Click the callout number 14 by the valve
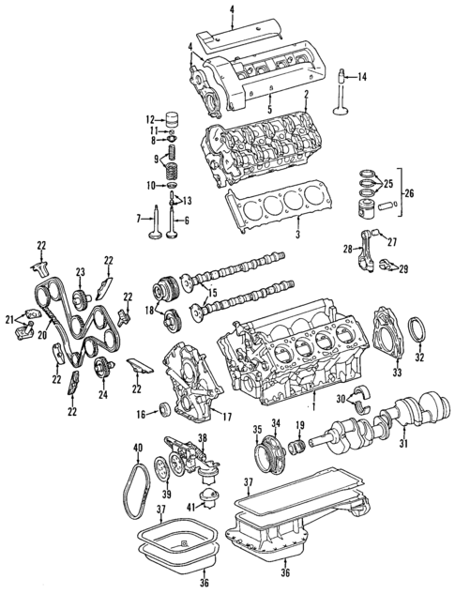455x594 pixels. click(x=363, y=76)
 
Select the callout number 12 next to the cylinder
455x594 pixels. click(x=148, y=119)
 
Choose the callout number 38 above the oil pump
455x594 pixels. click(x=202, y=438)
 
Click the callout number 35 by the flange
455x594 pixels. click(x=256, y=430)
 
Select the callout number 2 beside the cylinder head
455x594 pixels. click(x=307, y=95)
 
